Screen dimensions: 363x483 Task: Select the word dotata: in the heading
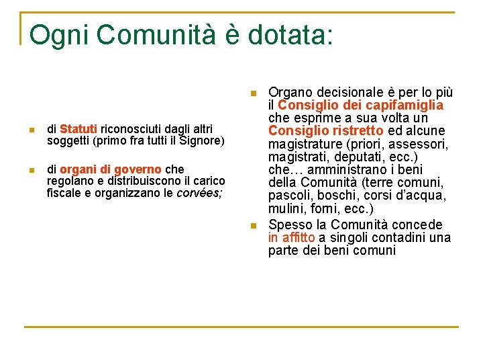pyautogui.click(x=290, y=35)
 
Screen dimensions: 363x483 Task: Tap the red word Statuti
pyautogui.click(x=78, y=128)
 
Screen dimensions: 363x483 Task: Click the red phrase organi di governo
pyautogui.click(x=110, y=169)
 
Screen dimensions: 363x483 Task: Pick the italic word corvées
pyautogui.click(x=198, y=194)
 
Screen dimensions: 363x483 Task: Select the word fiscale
pyautogui.click(x=64, y=194)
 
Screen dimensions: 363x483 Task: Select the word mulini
pyautogui.click(x=287, y=208)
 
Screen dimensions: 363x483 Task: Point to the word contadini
pyautogui.click(x=401, y=237)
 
